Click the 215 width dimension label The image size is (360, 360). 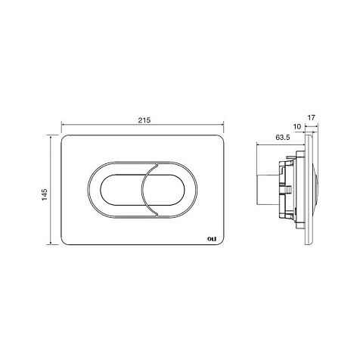pos(144,120)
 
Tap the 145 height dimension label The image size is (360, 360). pos(45,194)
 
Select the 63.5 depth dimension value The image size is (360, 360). pos(283,138)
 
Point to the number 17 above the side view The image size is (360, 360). pos(312,117)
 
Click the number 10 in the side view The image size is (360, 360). pos(297,126)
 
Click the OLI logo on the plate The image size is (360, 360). pos(212,239)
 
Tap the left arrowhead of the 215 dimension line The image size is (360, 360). pos(63,124)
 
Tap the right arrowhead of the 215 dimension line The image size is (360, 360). pos(222,124)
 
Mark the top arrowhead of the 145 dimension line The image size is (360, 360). pos(51,138)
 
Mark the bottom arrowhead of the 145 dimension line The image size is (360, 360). pos(51,242)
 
